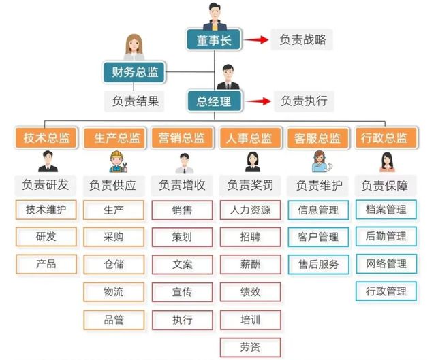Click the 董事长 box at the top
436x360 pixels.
coord(213,39)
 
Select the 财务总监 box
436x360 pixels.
coord(135,72)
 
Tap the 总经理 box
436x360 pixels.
coord(214,101)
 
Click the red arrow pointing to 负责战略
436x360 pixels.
coord(256,39)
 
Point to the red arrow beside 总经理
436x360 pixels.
coord(258,101)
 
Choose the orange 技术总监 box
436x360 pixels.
coord(46,137)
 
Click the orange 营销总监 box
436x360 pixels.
coord(182,137)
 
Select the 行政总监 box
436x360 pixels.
coord(386,137)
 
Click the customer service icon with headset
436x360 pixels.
coord(322,162)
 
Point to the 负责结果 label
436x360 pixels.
coord(135,101)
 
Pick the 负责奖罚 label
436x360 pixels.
coord(250,185)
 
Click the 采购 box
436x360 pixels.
coord(114,237)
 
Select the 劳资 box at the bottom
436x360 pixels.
coord(250,347)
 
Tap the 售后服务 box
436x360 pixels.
coord(318,265)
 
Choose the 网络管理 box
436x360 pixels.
coord(386,264)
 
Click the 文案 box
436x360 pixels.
coord(182,265)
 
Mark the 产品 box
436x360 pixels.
coord(46,264)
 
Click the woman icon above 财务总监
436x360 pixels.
coord(134,47)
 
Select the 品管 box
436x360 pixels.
coord(114,320)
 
